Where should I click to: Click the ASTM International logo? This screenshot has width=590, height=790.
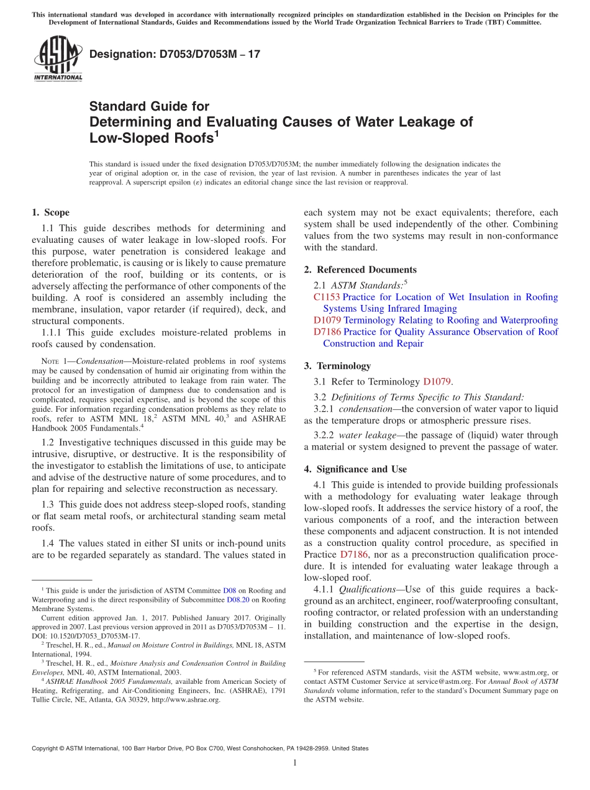coord(58,59)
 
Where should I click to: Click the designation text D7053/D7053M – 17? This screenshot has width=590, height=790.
coord(175,54)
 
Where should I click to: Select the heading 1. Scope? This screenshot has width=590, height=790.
coord(50,212)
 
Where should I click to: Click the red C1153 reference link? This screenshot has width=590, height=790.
coord(327,297)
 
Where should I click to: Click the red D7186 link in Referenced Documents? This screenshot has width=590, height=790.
coord(327,332)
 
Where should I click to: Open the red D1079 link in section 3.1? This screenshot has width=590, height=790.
coord(437,382)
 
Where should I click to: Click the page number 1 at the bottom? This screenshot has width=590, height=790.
coord(295,763)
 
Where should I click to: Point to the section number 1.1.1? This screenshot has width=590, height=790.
coord(52,332)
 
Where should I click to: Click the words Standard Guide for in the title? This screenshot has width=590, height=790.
coord(149,106)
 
